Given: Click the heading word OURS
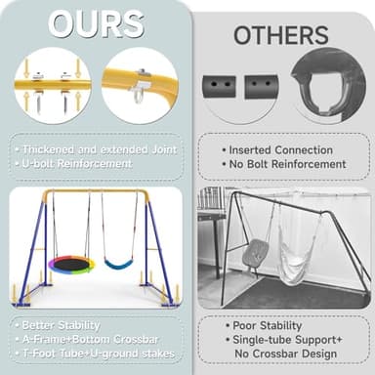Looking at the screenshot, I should (x=95, y=26).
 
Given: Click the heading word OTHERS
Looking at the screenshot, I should (x=280, y=35).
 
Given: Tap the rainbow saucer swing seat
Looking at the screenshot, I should (x=71, y=264).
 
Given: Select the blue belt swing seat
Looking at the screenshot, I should (x=118, y=263).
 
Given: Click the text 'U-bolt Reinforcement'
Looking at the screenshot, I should (x=74, y=163).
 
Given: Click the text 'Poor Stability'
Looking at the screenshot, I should (x=266, y=325).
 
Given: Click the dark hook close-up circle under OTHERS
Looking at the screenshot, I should (x=329, y=84).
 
